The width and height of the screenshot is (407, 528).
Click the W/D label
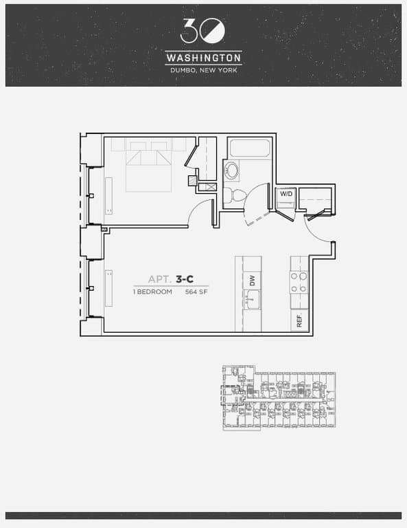(x=285, y=194)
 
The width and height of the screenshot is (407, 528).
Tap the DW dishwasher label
(x=253, y=280)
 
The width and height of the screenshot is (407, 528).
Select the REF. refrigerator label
(x=299, y=319)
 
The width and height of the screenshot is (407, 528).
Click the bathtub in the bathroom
(x=250, y=148)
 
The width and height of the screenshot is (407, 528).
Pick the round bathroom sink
(x=233, y=170)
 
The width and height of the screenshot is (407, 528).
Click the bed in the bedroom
(x=148, y=168)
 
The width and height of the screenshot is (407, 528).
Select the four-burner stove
(x=299, y=280)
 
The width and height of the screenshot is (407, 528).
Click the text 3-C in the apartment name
(x=184, y=279)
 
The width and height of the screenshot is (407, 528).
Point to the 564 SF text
(x=196, y=291)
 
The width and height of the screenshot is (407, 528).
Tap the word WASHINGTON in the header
(x=203, y=58)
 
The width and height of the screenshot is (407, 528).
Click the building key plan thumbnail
(x=279, y=398)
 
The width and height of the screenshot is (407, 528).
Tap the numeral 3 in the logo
(x=190, y=30)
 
